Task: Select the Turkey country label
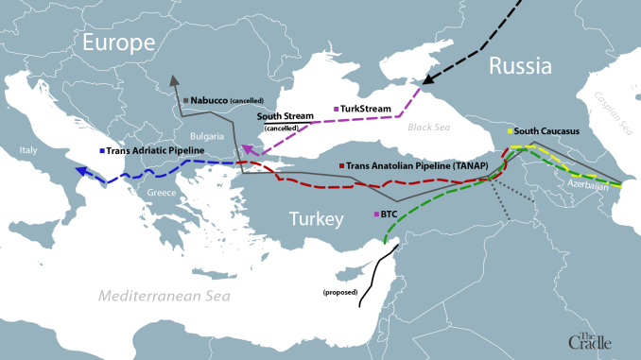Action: [x=316, y=220]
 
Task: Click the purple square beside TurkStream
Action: [x=337, y=109]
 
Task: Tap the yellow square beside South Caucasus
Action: [x=510, y=131]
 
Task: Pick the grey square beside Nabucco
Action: [x=187, y=98]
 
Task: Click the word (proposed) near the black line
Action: [x=340, y=292]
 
